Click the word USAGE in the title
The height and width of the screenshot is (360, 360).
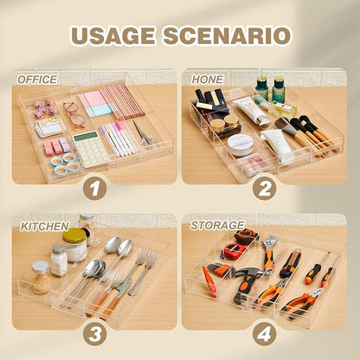pyautogui.click(x=113, y=36)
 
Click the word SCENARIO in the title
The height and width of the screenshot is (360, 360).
pyautogui.click(x=227, y=36)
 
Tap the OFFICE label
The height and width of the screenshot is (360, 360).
pyautogui.click(x=37, y=80)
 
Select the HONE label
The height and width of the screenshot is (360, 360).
pyautogui.click(x=208, y=80)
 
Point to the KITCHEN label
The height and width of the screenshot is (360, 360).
pyautogui.click(x=44, y=227)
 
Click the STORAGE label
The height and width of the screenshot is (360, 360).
pyautogui.click(x=218, y=225)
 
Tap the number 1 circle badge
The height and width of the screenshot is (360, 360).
pyautogui.click(x=95, y=189)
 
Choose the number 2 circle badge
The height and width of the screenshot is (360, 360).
pyautogui.click(x=265, y=189)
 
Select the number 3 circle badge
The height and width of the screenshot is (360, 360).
pyautogui.click(x=95, y=334)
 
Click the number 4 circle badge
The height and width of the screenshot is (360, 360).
pyautogui.click(x=265, y=334)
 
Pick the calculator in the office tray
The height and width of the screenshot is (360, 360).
pyautogui.click(x=91, y=149)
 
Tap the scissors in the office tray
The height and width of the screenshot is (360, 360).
pyautogui.click(x=145, y=134)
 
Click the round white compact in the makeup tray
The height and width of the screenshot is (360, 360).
pyautogui.click(x=241, y=145)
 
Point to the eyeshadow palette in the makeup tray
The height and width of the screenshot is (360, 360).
pyautogui.click(x=254, y=164)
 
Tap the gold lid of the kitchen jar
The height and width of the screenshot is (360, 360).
pyautogui.click(x=74, y=235)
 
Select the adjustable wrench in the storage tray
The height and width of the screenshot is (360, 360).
pyautogui.click(x=269, y=252)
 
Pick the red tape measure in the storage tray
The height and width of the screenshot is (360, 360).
pyautogui.click(x=233, y=250)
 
